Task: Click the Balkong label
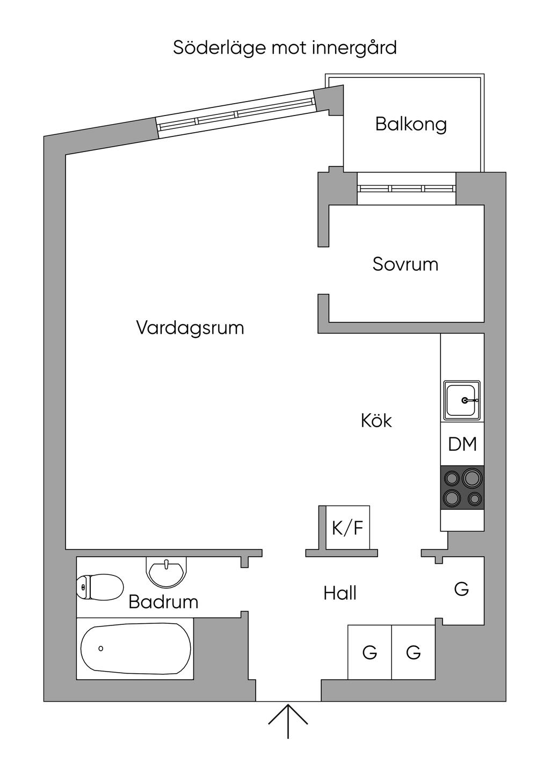click(x=411, y=124)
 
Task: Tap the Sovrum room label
click(x=406, y=264)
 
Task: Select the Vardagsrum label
click(x=190, y=327)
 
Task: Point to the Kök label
click(x=377, y=420)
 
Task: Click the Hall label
click(x=340, y=593)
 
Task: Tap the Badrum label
click(x=163, y=602)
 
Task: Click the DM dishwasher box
click(x=462, y=444)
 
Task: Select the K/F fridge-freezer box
click(x=348, y=528)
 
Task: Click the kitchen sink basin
click(x=461, y=400)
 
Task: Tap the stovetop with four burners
click(x=462, y=487)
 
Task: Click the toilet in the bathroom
click(x=100, y=587)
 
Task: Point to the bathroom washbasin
click(x=167, y=572)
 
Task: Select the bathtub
click(x=135, y=648)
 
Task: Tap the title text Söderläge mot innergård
click(x=285, y=48)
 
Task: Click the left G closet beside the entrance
click(x=370, y=652)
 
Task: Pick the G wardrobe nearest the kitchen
click(x=462, y=589)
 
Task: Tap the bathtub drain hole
click(x=101, y=649)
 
